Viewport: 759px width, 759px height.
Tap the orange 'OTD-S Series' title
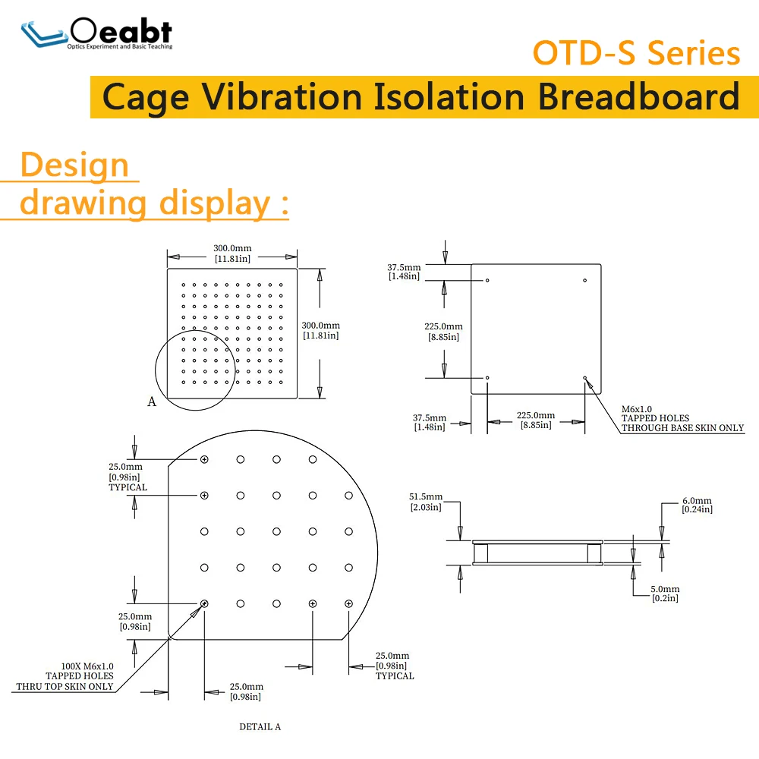(636, 53)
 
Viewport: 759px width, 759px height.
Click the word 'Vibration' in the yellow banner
(282, 97)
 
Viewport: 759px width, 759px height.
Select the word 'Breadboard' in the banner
(638, 97)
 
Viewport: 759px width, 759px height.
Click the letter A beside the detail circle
(152, 402)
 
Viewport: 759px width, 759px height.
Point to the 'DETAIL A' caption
(260, 726)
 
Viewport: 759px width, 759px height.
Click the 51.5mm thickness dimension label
(426, 502)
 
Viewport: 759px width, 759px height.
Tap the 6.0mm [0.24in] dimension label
(697, 505)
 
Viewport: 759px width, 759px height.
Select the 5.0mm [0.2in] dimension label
(665, 594)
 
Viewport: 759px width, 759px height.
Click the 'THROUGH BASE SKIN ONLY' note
(682, 428)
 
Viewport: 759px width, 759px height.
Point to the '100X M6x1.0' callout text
(87, 666)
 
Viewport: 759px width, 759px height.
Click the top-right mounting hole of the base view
(584, 280)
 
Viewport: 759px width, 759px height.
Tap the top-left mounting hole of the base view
(487, 280)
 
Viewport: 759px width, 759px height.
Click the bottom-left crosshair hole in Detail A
(204, 603)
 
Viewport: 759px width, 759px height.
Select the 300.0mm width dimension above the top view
(232, 254)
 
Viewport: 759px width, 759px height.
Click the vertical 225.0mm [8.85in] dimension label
(443, 332)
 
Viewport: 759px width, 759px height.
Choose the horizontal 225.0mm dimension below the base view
(536, 420)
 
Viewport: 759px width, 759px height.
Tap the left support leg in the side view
(480, 553)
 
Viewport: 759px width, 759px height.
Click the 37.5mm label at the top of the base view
(404, 272)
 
